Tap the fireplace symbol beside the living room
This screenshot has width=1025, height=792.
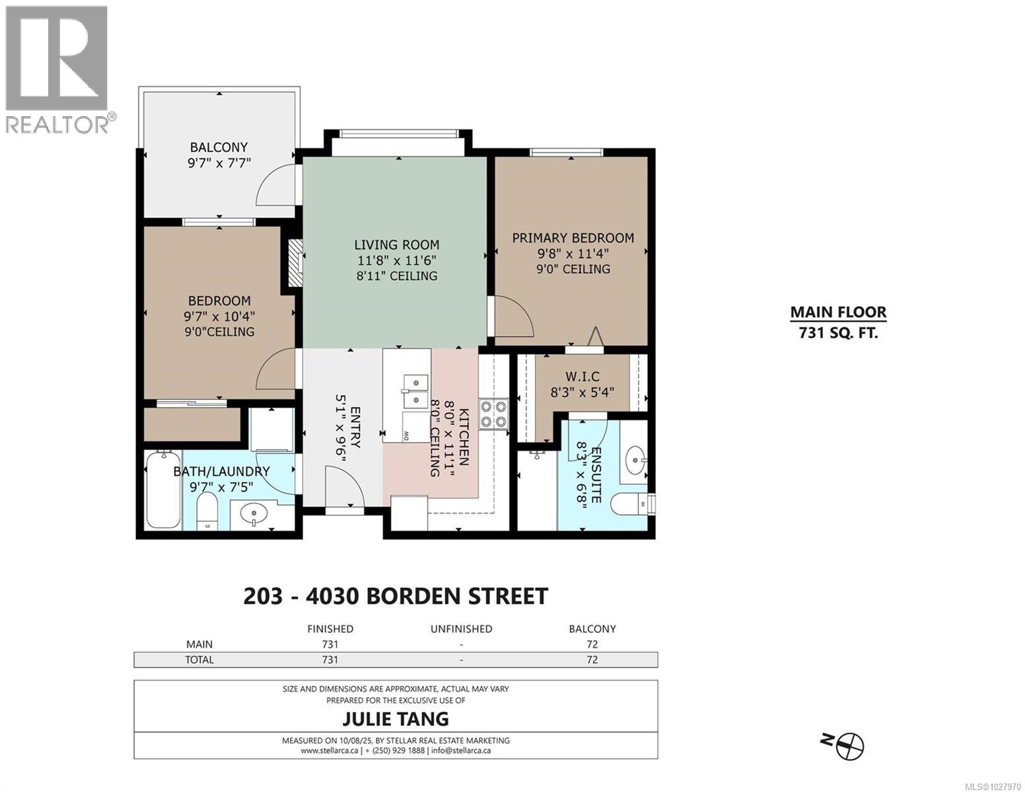(295, 263)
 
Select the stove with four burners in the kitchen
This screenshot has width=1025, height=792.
(493, 414)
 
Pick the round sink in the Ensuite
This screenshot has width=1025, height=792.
(635, 456)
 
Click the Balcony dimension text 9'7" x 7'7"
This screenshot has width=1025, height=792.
(219, 162)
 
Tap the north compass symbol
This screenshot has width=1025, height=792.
(849, 746)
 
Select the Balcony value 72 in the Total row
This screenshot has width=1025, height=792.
(592, 659)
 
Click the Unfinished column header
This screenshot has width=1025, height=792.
(461, 629)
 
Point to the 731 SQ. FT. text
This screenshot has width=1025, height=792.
(838, 333)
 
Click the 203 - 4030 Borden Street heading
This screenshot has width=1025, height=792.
(396, 596)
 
